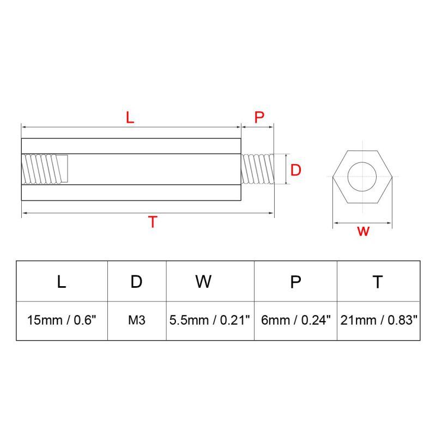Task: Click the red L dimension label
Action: tap(130, 117)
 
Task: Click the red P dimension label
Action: tap(259, 117)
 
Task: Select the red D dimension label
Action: tap(295, 170)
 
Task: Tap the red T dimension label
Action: tap(153, 222)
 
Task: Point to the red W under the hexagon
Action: tap(364, 231)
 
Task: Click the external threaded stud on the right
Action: tap(258, 169)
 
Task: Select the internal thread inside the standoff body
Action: tap(45, 169)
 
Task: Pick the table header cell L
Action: tap(62, 281)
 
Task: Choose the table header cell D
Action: tap(136, 281)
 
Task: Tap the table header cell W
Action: tap(203, 281)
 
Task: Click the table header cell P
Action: tap(295, 281)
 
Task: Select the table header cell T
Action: tap(378, 281)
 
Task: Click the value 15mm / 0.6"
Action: tap(62, 320)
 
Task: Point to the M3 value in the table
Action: tap(136, 320)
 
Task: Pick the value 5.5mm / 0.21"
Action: tap(210, 320)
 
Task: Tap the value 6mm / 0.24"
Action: tap(296, 320)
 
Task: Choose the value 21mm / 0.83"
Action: tap(379, 320)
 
